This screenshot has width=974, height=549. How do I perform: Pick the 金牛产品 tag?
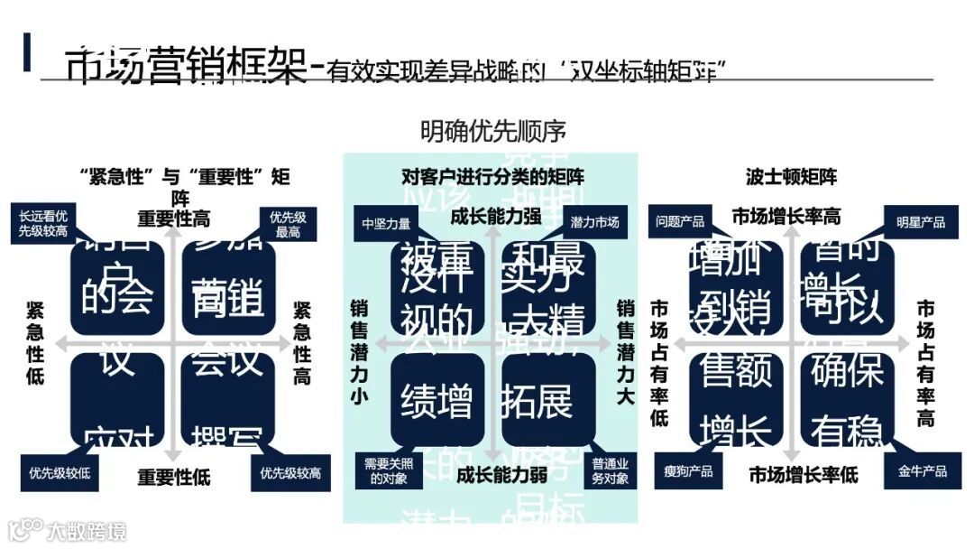[x=922, y=471]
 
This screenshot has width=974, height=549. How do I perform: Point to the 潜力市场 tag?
[x=594, y=222]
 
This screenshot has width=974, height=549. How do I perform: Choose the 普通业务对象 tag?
[x=611, y=471]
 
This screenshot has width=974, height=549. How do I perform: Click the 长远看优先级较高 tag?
[x=43, y=223]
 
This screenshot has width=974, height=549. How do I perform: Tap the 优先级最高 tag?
[x=288, y=224]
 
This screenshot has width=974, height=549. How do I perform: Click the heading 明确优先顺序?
[x=493, y=131]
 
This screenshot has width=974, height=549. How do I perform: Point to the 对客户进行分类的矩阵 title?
[x=492, y=176]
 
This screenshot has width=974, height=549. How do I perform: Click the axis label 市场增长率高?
[x=786, y=217]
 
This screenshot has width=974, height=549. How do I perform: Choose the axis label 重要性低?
[x=174, y=476]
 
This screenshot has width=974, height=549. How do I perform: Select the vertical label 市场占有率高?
[x=925, y=361]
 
